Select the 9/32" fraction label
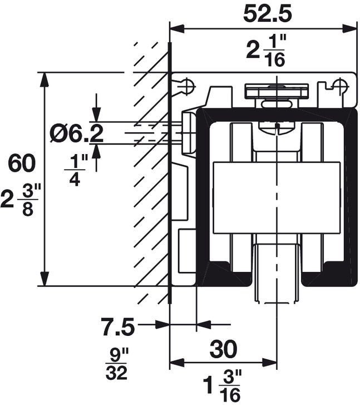pyautogui.click(x=116, y=364)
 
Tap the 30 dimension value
pyautogui.click(x=223, y=349)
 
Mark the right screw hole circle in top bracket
pyautogui.click(x=339, y=84)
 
